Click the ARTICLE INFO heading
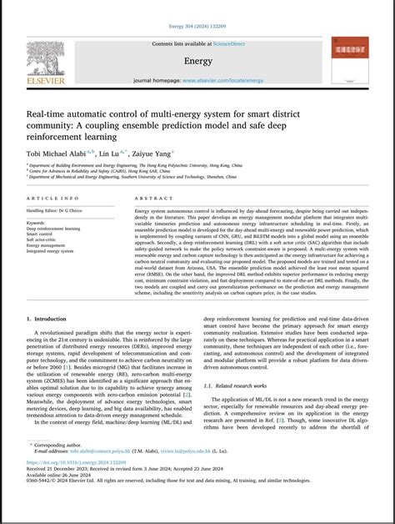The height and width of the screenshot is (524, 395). (54, 199)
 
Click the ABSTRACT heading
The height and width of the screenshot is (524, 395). (151, 199)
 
